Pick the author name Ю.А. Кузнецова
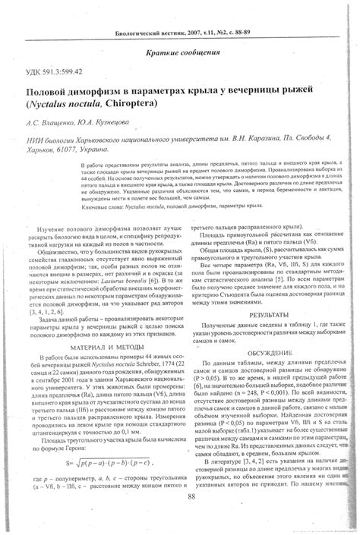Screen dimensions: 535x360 111,120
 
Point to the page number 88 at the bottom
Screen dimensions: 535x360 180,496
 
